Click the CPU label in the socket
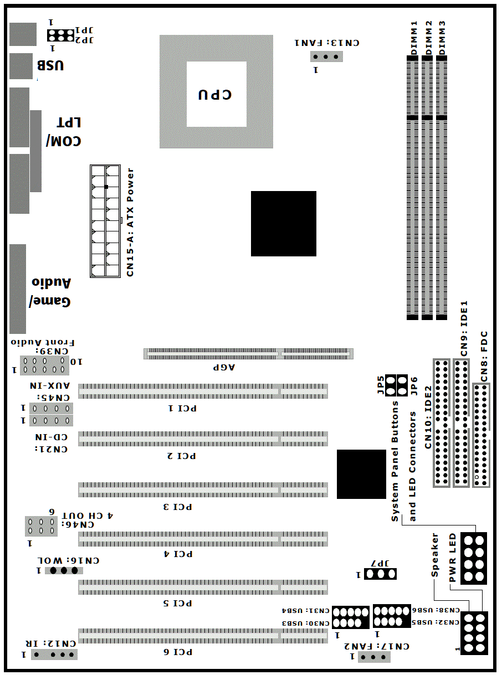click(x=215, y=95)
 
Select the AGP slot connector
click(x=248, y=354)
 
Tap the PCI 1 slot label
click(x=182, y=408)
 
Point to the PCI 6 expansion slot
click(x=203, y=636)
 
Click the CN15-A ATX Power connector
click(x=105, y=221)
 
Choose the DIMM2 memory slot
click(x=427, y=188)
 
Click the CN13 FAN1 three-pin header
click(x=326, y=56)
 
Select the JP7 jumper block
click(x=380, y=574)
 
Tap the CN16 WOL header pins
click(x=64, y=570)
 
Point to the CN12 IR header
click(x=54, y=655)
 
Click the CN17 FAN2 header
click(x=374, y=657)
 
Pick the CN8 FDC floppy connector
click(x=481, y=435)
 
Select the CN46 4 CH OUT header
click(x=41, y=526)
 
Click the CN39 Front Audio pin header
click(x=44, y=365)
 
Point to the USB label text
click(x=50, y=65)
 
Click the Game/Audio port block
click(x=18, y=289)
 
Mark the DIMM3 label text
click(x=442, y=38)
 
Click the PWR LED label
click(x=453, y=558)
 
